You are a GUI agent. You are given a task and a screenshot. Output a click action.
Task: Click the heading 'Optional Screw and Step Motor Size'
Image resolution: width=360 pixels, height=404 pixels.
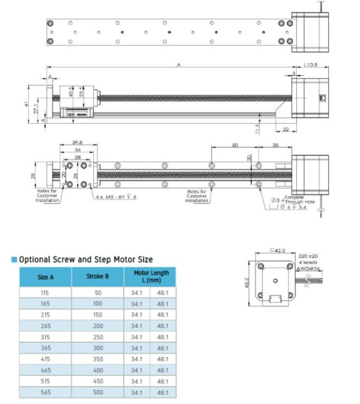[85, 260]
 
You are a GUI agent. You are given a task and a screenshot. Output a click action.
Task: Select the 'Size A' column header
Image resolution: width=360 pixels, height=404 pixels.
[45, 277]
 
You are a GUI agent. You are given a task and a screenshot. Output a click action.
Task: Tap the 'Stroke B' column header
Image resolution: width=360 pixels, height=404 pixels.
[97, 277]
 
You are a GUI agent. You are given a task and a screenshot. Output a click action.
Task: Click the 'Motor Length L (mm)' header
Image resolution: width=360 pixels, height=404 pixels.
[150, 276]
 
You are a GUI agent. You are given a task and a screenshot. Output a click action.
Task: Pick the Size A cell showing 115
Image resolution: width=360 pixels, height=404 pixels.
[45, 293]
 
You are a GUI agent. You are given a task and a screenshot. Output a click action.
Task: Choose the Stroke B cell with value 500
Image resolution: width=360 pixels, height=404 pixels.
[97, 393]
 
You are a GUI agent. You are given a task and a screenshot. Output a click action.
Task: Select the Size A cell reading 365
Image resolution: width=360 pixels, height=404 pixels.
[45, 348]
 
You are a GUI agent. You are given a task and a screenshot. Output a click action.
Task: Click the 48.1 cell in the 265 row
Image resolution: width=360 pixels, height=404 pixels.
[163, 326]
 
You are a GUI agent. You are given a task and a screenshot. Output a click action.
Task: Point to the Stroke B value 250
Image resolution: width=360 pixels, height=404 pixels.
[97, 337]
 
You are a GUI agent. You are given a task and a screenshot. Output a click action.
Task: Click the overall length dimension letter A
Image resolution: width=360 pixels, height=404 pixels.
[178, 65]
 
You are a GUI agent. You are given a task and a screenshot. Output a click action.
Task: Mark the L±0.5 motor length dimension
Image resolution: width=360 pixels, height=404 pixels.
[310, 65]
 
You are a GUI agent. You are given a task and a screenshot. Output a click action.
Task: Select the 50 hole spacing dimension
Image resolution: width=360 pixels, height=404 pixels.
[235, 145]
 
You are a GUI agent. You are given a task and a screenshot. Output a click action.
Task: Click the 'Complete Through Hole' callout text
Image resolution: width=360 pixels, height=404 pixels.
[294, 199]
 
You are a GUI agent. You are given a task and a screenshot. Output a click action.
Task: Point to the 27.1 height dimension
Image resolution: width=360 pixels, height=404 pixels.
[35, 110]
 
